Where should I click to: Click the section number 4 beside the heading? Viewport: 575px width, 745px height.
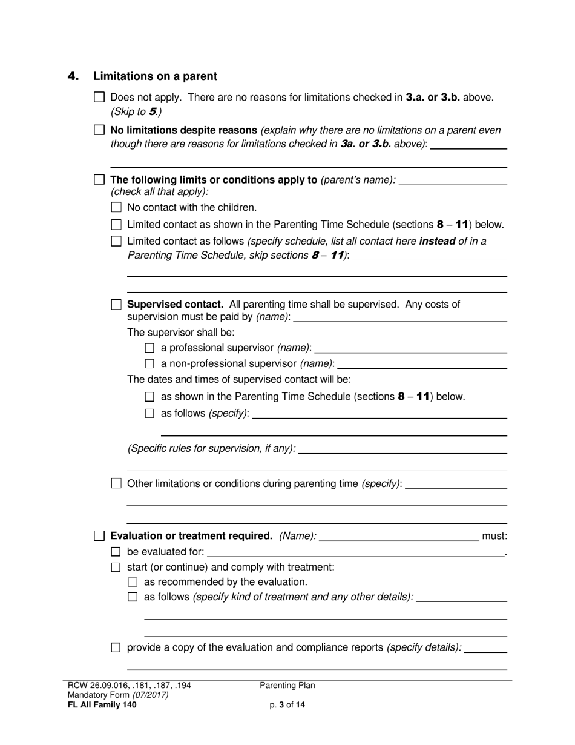coord(73,76)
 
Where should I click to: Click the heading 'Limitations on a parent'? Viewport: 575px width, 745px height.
coord(155,76)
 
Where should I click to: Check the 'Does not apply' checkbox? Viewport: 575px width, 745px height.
coord(100,97)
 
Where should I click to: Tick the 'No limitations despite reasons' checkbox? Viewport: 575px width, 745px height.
coord(100,130)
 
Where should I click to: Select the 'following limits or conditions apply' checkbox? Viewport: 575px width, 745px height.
coord(100,180)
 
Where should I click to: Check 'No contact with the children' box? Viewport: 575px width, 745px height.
coord(117,207)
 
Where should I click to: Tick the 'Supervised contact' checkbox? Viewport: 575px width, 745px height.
coord(117,305)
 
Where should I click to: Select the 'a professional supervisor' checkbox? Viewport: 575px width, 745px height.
coord(150,348)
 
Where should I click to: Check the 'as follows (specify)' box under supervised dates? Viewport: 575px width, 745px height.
coord(150,414)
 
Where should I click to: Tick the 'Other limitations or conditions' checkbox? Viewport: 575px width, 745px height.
coord(117,483)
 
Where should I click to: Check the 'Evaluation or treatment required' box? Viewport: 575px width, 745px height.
coord(100,536)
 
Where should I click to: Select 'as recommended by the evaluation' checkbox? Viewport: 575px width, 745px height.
coord(133,582)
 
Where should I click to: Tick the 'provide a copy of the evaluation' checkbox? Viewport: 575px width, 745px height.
coord(117,647)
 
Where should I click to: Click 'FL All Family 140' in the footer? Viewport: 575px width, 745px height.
coord(102,705)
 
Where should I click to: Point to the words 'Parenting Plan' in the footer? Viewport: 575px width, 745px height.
coord(287,686)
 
